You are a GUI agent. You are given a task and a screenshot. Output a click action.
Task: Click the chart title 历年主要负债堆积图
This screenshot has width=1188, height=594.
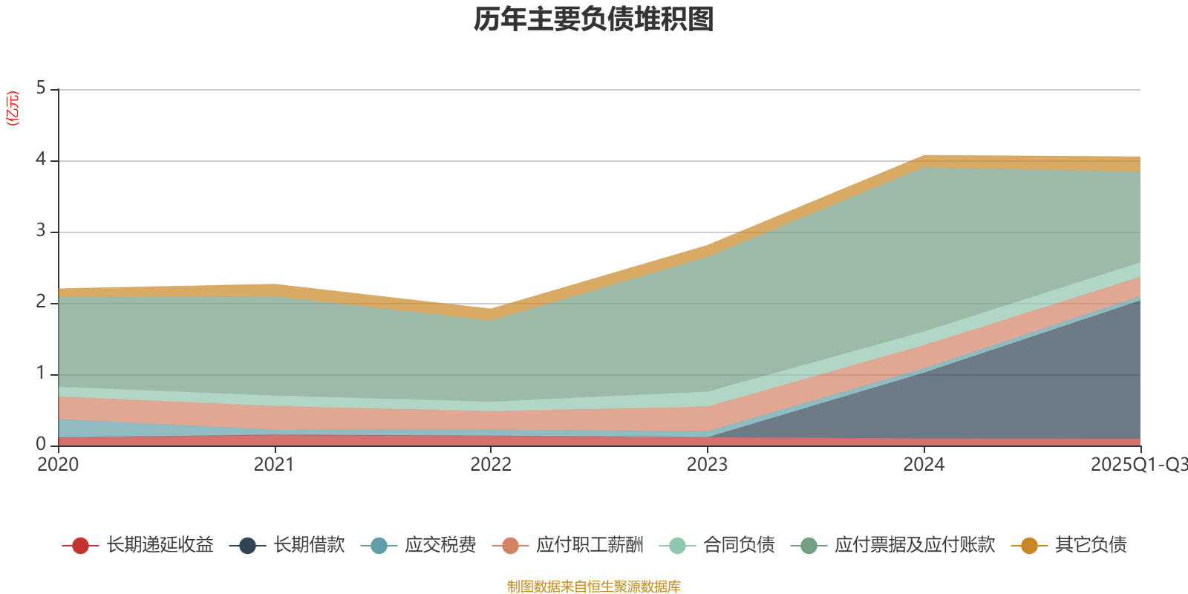pos(594,20)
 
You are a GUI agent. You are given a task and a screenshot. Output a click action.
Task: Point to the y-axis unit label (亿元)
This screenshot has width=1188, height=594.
pos(12,108)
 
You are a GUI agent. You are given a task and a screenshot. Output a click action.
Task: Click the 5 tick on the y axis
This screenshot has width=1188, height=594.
pos(41,88)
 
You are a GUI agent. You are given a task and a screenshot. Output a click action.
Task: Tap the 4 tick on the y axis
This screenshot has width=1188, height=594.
pos(41,160)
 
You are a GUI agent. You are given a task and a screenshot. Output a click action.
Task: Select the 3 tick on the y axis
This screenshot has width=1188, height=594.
pos(41,231)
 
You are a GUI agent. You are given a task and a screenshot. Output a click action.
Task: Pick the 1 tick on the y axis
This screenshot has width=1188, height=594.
pos(41,373)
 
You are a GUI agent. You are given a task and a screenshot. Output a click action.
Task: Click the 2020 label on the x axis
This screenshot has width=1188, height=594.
pos(58,465)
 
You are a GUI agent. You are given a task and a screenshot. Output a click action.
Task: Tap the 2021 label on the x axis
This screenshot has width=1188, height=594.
pos(274,465)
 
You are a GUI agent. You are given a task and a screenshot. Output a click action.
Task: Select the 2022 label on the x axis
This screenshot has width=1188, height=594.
pos(491,465)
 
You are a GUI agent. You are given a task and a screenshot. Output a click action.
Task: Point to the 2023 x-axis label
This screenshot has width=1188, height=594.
pos(707,465)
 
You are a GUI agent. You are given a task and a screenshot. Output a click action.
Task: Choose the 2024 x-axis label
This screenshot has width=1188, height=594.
pos(924,465)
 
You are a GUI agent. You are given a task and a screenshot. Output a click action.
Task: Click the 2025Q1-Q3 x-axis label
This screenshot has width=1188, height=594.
pos(1138,465)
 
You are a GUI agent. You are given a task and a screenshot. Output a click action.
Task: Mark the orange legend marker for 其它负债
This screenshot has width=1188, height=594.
pos(1029,546)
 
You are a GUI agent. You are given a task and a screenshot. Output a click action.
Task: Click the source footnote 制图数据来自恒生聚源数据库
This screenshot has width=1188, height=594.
pos(594,587)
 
